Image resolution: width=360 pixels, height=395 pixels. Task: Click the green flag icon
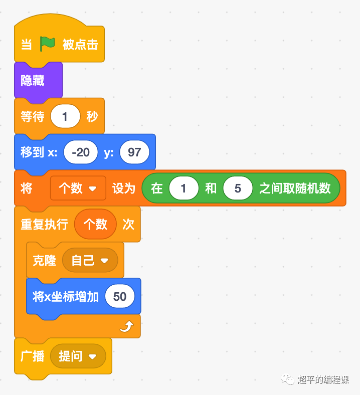click(48, 44)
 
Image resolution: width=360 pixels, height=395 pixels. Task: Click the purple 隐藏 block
click(33, 80)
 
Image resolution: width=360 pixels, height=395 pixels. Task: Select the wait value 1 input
click(65, 117)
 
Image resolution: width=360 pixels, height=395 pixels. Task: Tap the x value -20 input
click(81, 152)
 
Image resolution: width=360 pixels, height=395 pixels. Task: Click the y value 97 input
click(134, 152)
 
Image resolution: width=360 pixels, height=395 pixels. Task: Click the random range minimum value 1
click(184, 188)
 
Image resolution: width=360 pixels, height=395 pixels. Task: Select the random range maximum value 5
click(238, 188)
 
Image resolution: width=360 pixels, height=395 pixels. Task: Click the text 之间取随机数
click(295, 188)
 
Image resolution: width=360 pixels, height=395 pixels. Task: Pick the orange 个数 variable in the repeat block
click(95, 224)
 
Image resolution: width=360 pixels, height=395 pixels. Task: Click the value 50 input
click(120, 296)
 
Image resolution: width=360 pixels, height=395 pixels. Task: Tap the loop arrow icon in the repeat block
click(126, 327)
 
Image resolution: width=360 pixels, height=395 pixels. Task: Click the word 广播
click(33, 356)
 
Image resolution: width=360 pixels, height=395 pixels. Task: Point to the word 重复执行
click(44, 224)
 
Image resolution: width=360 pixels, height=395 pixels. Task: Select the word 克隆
click(44, 260)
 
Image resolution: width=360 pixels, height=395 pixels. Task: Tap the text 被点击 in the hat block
click(80, 44)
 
